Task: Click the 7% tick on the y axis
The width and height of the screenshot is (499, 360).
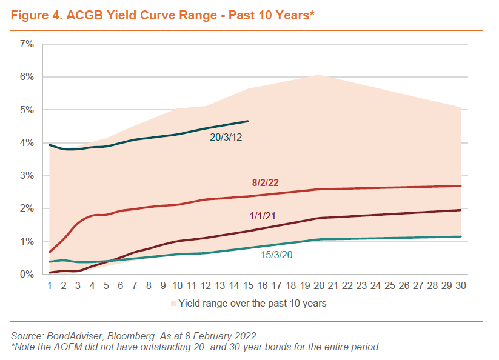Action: [x=26, y=44]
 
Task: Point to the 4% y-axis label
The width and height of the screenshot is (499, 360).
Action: [x=26, y=143]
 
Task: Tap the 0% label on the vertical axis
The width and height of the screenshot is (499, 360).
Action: [x=26, y=275]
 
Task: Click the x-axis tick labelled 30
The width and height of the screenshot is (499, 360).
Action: [x=461, y=285]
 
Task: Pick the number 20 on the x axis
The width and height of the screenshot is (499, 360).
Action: [x=319, y=285]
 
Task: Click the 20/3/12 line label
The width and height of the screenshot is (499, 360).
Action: [x=226, y=138]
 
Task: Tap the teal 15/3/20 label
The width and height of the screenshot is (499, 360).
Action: [x=276, y=255]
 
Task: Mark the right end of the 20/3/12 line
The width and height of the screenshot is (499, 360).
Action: [x=247, y=121]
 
